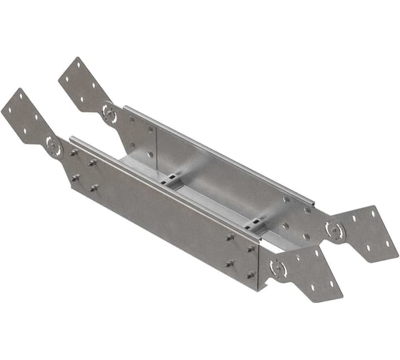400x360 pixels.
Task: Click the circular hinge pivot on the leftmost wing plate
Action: (54, 145)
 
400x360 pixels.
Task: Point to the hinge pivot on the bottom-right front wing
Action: (278, 269)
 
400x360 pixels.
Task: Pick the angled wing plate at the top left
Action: (82, 84)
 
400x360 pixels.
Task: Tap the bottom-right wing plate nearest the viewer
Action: (311, 275)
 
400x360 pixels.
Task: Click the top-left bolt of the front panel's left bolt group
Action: (74, 152)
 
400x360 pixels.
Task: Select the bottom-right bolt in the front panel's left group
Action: (94, 188)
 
